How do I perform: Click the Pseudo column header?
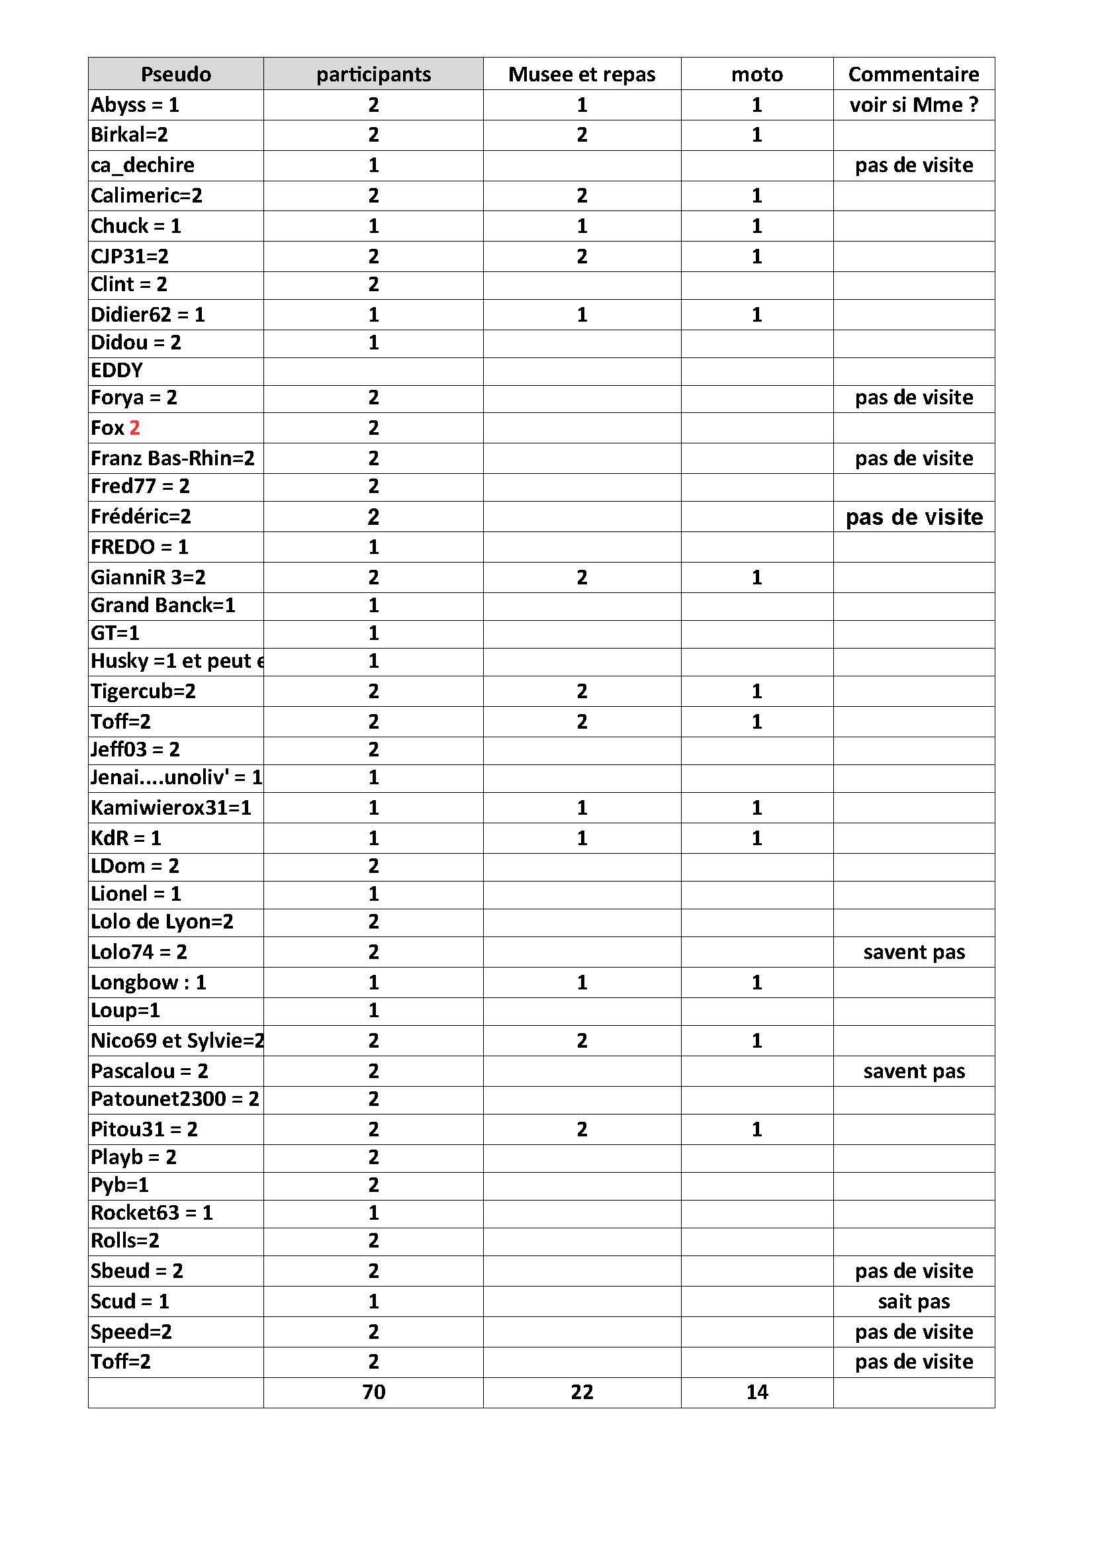pos(175,74)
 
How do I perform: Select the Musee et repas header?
pos(581,74)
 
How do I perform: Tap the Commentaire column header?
pos(913,74)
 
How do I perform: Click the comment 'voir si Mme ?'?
pos(913,105)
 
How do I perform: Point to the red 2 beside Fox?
pos(135,428)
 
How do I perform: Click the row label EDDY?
pos(116,371)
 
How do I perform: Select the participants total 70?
pos(373,1392)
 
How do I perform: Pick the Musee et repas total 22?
pos(581,1392)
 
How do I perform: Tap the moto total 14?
pos(756,1392)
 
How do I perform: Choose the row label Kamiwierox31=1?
pos(171,807)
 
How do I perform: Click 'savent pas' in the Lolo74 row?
pos(913,952)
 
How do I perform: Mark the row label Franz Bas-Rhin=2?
pos(173,459)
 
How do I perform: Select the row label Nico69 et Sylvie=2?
pos(177,1040)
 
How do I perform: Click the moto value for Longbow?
pos(756,982)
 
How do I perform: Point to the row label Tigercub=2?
pos(143,691)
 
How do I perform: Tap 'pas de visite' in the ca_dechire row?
pos(913,165)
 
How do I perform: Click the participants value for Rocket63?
pos(373,1213)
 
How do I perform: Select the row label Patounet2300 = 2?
pos(175,1099)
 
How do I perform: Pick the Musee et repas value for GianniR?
pos(581,577)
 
